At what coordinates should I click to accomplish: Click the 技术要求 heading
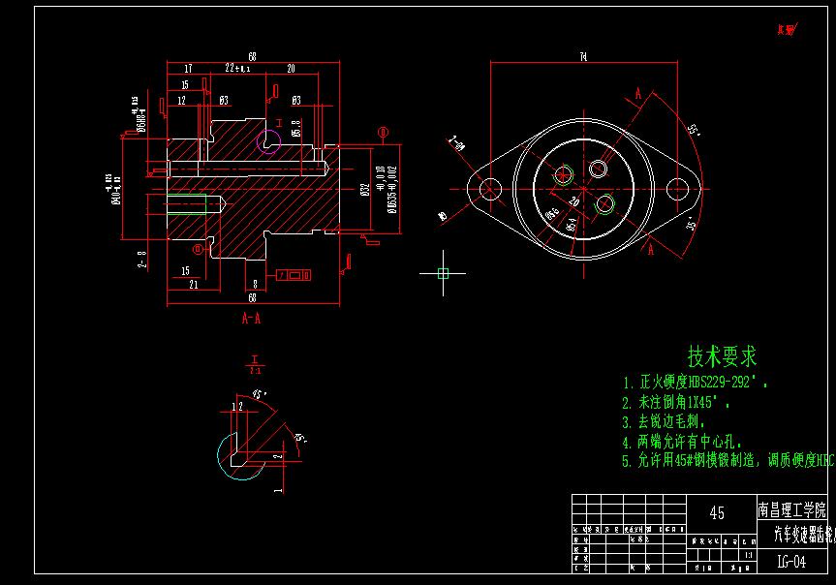click(x=722, y=354)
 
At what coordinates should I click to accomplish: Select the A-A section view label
click(x=250, y=317)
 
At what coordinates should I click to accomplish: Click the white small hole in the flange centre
click(x=599, y=169)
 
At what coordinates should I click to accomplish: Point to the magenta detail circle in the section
click(x=268, y=141)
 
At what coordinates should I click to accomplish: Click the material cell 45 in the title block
click(x=717, y=512)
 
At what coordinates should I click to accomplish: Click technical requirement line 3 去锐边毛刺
click(x=665, y=422)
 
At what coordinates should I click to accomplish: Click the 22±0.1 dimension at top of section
click(x=236, y=69)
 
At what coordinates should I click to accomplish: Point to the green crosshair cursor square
click(x=443, y=274)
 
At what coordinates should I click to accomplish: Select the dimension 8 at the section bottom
click(x=255, y=284)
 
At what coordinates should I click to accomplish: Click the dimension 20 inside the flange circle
click(x=573, y=200)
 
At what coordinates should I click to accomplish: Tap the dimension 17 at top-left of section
click(x=187, y=69)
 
